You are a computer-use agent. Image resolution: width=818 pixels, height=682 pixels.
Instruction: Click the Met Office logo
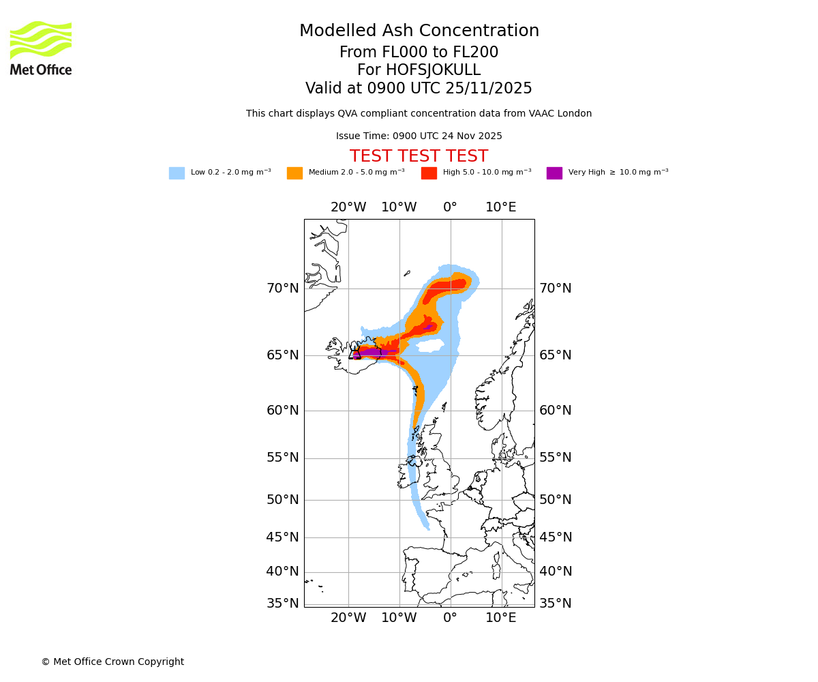click(41, 48)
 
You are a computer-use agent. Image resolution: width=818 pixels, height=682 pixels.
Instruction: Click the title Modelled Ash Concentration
click(419, 31)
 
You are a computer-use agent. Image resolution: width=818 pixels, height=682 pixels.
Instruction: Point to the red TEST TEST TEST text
click(419, 156)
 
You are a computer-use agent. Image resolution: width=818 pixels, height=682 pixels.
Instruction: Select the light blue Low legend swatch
click(177, 173)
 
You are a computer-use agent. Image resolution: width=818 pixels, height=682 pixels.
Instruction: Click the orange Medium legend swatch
click(294, 173)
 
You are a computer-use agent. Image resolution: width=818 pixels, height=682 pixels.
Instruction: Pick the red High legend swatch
click(429, 173)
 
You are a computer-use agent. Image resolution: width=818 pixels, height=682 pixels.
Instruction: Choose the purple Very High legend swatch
click(554, 173)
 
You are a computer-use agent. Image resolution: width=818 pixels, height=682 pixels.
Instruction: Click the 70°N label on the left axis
click(282, 288)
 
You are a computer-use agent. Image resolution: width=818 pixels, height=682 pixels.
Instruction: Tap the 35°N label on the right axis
click(556, 604)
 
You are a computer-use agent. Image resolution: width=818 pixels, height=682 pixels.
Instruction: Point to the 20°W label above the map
click(348, 207)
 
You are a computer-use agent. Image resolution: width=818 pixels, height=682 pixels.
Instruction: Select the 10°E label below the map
click(501, 618)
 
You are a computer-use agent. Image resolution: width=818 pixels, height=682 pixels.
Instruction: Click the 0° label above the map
click(450, 207)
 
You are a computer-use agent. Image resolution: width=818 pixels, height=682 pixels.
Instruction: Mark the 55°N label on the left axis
click(282, 458)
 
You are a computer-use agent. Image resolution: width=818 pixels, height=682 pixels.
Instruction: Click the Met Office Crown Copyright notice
click(112, 662)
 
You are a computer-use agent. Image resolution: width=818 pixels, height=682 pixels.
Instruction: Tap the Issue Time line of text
click(419, 136)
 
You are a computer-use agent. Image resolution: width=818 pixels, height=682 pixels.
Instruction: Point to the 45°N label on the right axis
click(556, 537)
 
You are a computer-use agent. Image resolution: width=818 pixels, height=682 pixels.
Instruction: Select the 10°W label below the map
click(399, 618)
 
